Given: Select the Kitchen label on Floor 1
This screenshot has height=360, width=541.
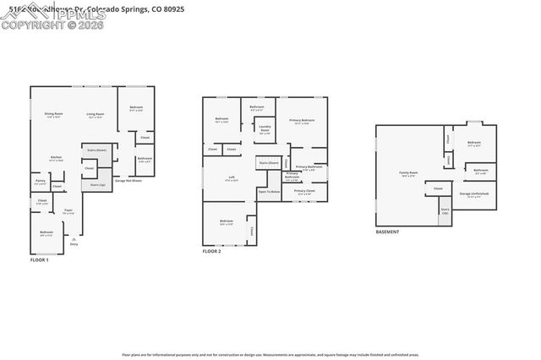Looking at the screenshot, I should click(55, 157).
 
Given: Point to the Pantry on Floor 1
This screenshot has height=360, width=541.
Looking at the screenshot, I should click(40, 181).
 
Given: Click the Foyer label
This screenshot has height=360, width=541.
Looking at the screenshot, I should click(68, 211).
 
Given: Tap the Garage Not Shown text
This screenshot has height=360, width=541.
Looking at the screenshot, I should click(128, 180).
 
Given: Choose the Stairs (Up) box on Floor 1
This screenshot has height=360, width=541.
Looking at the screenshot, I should click(96, 183).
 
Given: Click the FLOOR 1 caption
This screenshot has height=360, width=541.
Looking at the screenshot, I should click(40, 260).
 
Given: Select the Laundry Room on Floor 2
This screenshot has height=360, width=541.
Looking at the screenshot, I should click(264, 129).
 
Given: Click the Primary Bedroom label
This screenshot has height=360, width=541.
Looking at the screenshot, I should click(303, 121).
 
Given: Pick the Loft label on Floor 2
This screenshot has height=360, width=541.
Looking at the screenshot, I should click(232, 177).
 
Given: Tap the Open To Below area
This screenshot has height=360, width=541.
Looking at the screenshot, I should click(269, 193).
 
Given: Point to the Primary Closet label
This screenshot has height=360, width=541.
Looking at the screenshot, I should click(304, 192).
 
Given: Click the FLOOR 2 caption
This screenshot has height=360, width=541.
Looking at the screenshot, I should click(211, 252).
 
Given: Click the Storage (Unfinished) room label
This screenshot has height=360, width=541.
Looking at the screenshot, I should click(474, 194).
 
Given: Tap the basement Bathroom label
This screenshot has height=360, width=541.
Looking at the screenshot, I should click(481, 171).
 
